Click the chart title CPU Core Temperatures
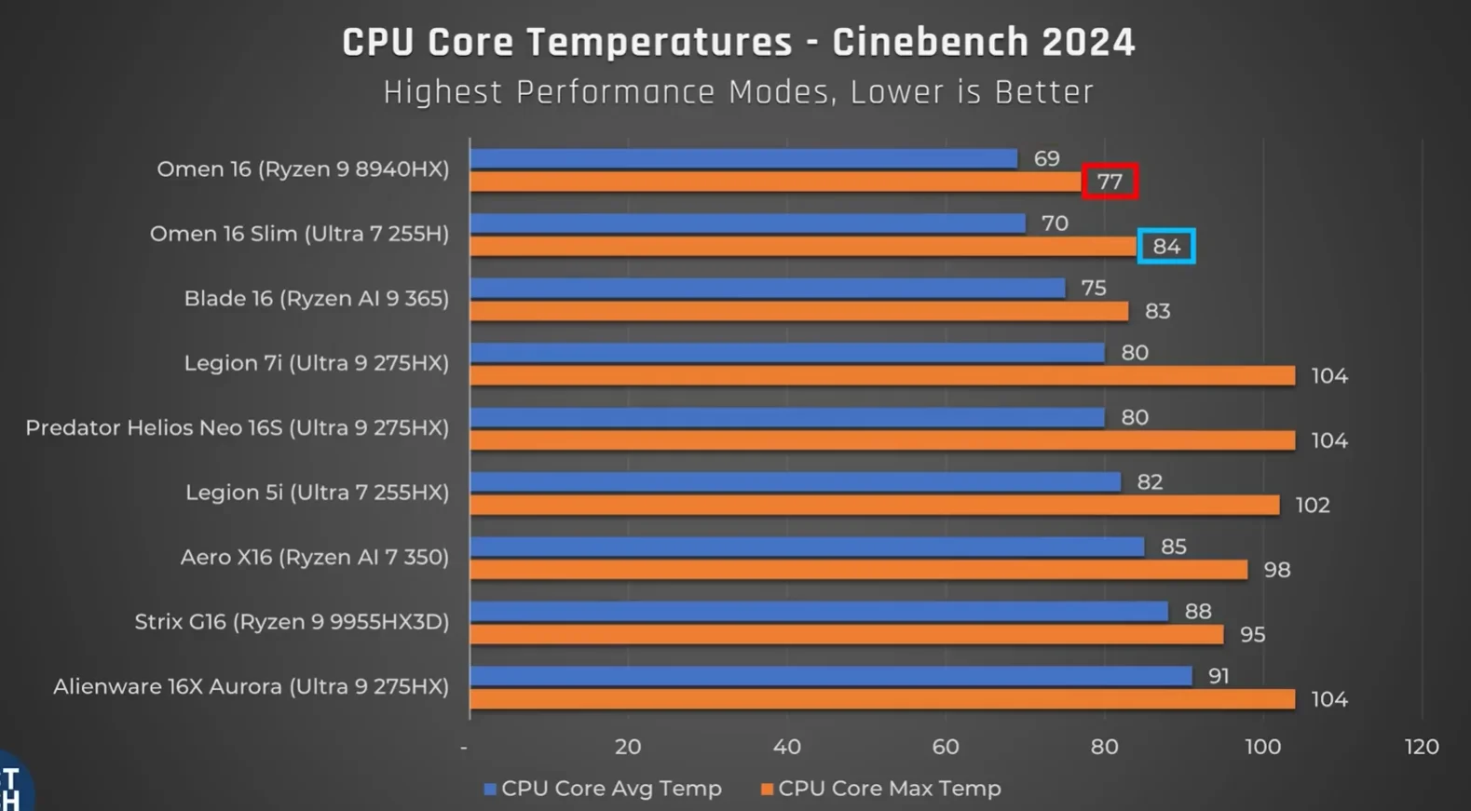[738, 43]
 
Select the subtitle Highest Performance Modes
[738, 92]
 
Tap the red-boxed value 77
[1110, 182]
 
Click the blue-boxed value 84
[1166, 247]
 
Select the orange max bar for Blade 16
[798, 311]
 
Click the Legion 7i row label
[316, 363]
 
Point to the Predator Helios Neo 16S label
[237, 428]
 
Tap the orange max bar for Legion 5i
[874, 505]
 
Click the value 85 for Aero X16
[1173, 547]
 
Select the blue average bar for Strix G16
[818, 611]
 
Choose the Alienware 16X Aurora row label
[251, 687]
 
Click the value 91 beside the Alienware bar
[1218, 676]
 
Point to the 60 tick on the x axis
[945, 747]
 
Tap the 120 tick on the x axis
[1421, 747]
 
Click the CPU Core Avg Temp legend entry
[603, 789]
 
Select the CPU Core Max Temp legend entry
[880, 789]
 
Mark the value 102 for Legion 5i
[1312, 506]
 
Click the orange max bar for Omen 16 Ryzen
[775, 182]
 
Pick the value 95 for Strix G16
[1252, 635]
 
